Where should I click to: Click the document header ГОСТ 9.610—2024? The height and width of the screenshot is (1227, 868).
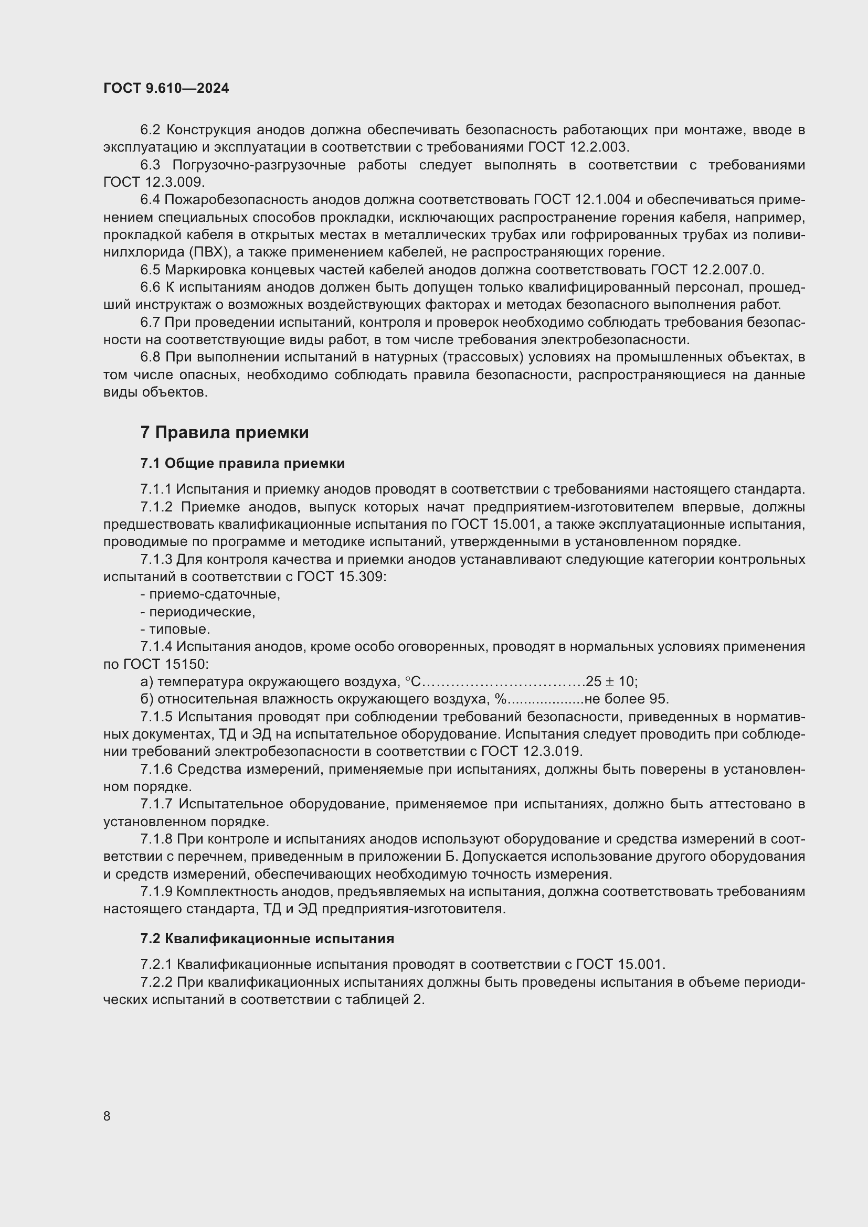(x=166, y=88)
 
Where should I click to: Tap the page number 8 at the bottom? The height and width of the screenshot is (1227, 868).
(x=107, y=1116)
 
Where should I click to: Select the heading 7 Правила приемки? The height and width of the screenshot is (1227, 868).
(x=225, y=432)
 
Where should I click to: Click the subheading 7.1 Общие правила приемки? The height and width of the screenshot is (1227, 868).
(x=242, y=463)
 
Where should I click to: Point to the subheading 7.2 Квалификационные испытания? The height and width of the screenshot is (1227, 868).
(x=267, y=939)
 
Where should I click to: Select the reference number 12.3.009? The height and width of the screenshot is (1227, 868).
(x=175, y=182)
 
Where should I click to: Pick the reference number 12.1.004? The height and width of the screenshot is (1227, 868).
(x=604, y=200)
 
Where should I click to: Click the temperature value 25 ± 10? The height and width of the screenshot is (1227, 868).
(x=611, y=682)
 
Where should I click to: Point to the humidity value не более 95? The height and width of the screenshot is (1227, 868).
(x=627, y=699)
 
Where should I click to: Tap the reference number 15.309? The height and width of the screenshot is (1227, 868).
(x=361, y=577)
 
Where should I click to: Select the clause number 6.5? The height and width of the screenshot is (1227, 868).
(x=150, y=269)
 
